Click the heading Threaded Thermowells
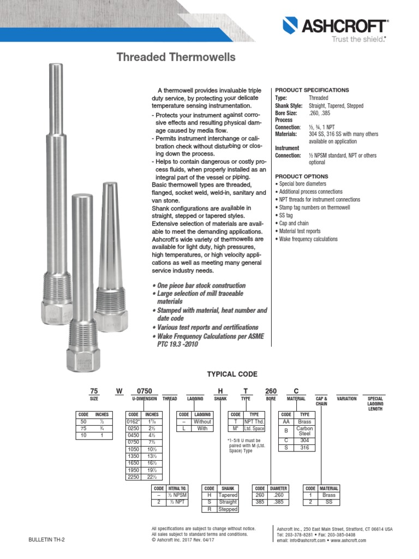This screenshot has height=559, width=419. [176, 57]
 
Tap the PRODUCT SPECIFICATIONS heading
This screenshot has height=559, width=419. [312, 90]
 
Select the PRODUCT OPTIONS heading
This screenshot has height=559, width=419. [301, 176]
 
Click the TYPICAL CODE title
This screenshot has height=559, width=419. [232, 374]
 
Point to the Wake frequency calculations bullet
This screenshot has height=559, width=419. [308, 239]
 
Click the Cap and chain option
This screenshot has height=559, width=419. [298, 223]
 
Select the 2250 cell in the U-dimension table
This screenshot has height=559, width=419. [134, 477]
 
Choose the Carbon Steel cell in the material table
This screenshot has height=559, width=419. [304, 431]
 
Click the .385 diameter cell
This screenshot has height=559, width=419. [278, 502]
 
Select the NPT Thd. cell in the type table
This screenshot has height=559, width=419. [254, 421]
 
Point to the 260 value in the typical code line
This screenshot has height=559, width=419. [271, 390]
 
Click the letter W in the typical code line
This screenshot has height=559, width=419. [119, 390]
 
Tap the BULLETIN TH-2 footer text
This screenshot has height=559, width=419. [46, 540]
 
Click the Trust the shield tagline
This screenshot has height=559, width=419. [359, 39]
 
